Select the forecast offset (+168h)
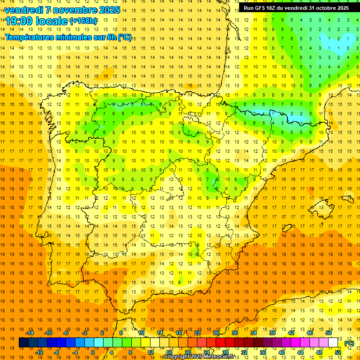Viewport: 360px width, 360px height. click(84, 21)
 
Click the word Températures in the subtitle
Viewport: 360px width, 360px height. click(29, 37)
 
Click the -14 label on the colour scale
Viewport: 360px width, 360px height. click(30, 333)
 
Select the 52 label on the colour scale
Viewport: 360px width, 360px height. click(338, 352)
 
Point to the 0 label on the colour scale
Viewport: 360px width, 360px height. click(93, 352)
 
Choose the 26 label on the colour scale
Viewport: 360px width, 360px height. click(216, 333)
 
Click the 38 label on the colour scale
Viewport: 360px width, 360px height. click(272, 333)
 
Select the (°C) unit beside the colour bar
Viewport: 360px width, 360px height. click(349, 343)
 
